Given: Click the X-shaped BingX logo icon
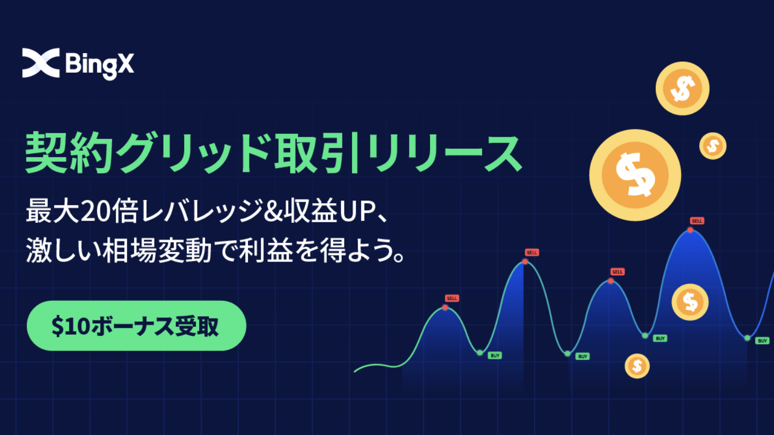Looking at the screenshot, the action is (41, 63).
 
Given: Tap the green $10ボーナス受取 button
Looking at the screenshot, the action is (136, 326).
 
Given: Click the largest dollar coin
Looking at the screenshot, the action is (635, 175).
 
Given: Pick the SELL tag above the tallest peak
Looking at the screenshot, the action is (697, 221).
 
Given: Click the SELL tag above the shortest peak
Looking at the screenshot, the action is (452, 298).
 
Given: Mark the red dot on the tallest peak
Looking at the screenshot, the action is (690, 230).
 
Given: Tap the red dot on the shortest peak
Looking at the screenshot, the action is (445, 308).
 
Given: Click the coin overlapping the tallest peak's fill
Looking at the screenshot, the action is (690, 302).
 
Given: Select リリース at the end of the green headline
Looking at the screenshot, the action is (444, 153).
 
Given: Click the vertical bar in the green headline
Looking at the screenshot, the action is (354, 153).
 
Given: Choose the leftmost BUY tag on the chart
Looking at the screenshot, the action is (495, 355).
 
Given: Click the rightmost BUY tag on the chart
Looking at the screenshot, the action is (762, 341).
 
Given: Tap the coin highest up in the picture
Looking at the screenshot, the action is (683, 89).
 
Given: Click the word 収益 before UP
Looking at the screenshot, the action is (311, 211).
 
